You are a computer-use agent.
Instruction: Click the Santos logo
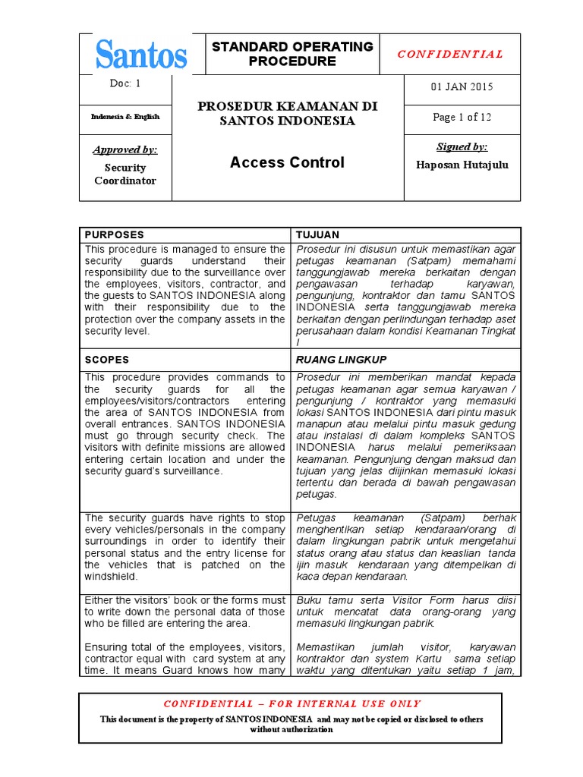click(x=141, y=55)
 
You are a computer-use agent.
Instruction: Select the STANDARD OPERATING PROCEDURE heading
click(x=292, y=54)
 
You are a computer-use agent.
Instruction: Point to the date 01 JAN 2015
click(x=462, y=87)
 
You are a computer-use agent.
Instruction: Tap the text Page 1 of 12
click(x=462, y=117)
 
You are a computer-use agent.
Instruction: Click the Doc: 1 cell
click(x=125, y=83)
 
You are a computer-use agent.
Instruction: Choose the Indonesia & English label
click(x=125, y=116)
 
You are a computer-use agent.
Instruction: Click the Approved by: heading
click(x=125, y=150)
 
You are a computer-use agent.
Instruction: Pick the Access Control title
click(x=287, y=162)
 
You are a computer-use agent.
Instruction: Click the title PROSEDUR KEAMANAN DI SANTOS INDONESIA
click(x=288, y=114)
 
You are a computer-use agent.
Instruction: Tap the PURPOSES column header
click(x=115, y=235)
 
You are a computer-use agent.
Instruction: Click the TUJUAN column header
click(x=318, y=235)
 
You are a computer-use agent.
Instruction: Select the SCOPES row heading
click(x=107, y=360)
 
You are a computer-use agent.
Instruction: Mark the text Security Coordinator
click(x=125, y=174)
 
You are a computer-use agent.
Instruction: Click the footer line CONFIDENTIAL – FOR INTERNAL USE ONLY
click(x=292, y=703)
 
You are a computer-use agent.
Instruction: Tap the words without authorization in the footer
click(x=291, y=729)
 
